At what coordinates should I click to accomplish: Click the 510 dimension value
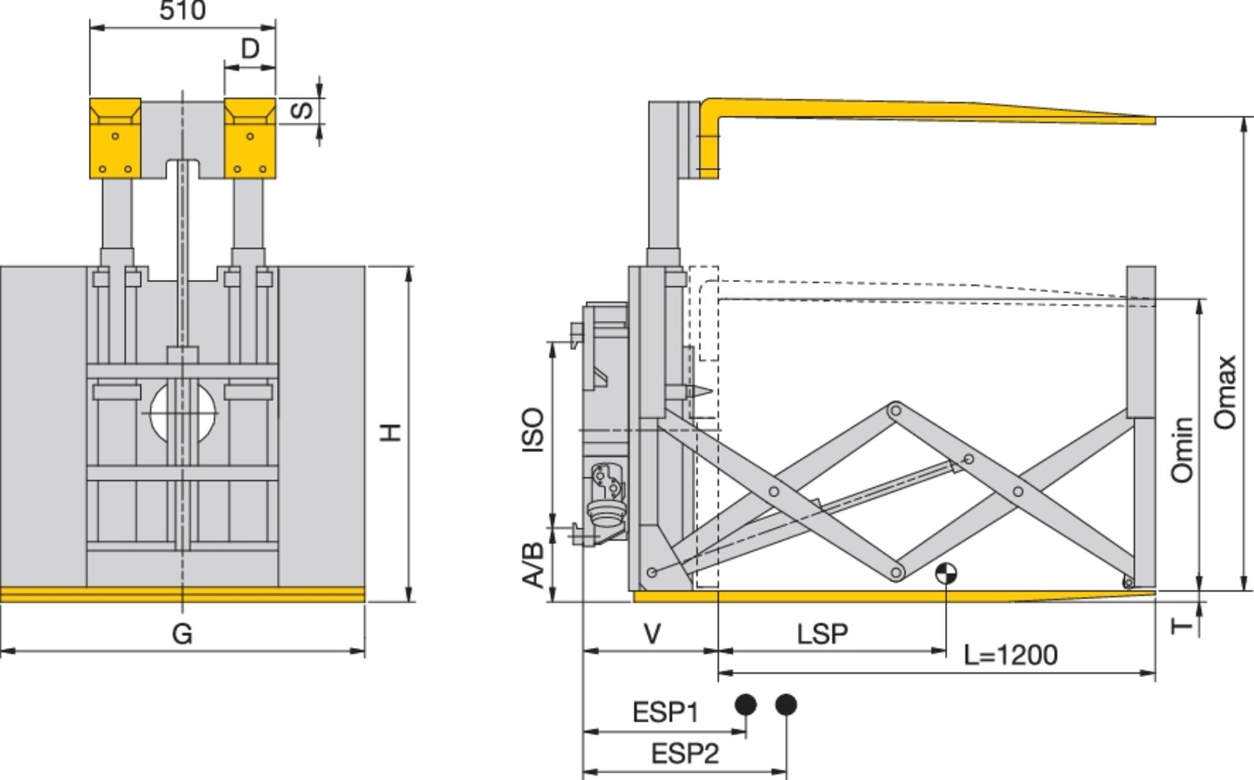[x=182, y=10]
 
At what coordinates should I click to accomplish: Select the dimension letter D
[x=250, y=48]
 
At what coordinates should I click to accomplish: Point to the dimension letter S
[x=302, y=111]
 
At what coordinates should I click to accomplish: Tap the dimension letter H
[x=390, y=432]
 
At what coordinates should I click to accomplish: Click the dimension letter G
[x=182, y=634]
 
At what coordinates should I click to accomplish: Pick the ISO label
[x=533, y=430]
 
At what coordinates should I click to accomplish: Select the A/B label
[x=533, y=564]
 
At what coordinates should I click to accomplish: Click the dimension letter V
[x=653, y=634]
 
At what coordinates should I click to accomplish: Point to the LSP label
[x=822, y=634]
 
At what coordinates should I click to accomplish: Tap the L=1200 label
[x=1010, y=655]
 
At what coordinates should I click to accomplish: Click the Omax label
[x=1225, y=392]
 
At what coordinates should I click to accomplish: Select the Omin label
[x=1182, y=449]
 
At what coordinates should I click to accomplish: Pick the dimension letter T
[x=1182, y=626]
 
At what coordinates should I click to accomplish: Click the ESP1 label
[x=665, y=713]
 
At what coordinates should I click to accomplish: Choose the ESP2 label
[x=685, y=754]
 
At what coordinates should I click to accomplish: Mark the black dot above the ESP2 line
[x=786, y=705]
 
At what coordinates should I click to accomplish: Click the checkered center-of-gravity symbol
[x=946, y=574]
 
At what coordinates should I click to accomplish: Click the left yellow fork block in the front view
[x=115, y=138]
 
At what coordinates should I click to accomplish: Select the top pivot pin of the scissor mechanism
[x=895, y=410]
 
